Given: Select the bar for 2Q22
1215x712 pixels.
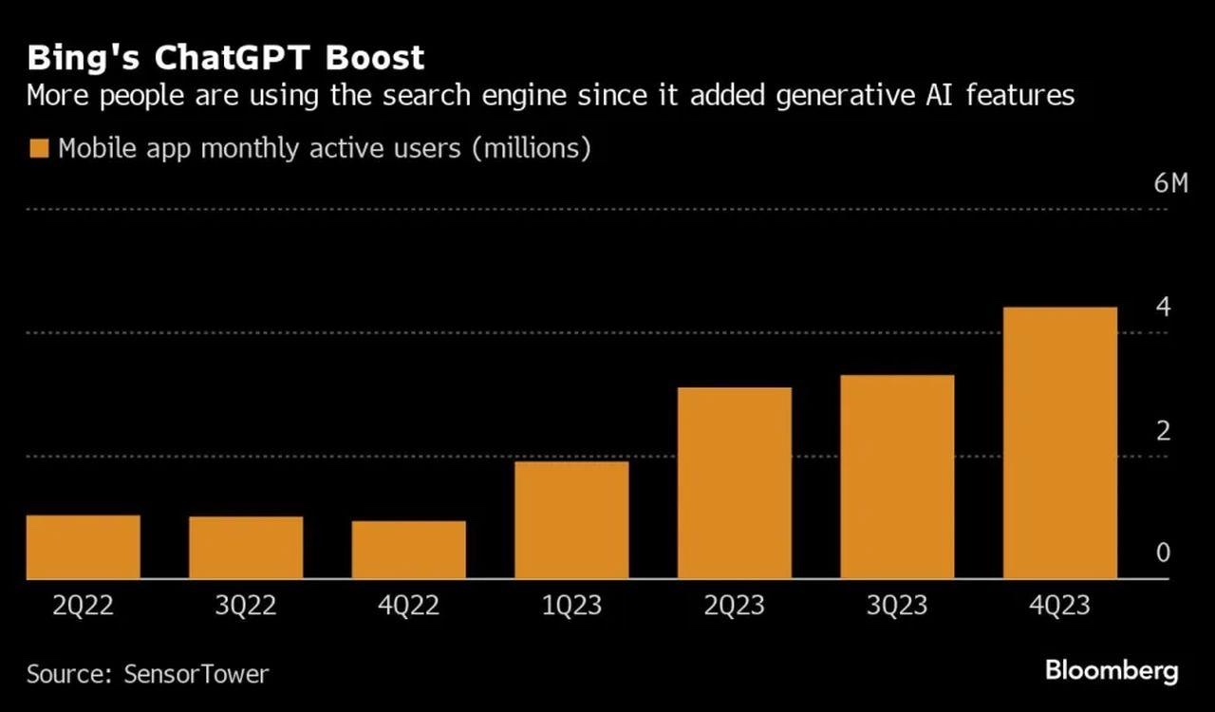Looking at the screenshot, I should point(84,547).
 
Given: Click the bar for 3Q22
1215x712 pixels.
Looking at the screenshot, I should point(246,548).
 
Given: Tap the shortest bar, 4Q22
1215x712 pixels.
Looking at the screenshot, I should point(408,550).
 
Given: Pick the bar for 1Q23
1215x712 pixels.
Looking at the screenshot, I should point(571,520).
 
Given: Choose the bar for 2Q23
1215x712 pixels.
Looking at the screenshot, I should point(734,483).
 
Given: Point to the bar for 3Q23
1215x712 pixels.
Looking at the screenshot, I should point(897,477).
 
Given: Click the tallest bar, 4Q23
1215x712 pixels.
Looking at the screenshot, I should point(1059,442).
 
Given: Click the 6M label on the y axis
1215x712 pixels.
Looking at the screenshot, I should point(1170,184).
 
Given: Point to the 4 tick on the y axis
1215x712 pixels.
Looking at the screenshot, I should point(1163,308).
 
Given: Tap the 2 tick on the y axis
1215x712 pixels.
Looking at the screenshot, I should point(1163,431).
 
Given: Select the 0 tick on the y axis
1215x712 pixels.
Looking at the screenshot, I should point(1163,553).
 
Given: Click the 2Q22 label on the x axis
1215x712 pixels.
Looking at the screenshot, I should point(84,606).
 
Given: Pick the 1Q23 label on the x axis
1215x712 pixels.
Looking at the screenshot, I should point(571,606).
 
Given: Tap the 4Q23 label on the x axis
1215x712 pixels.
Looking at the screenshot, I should point(1059,606).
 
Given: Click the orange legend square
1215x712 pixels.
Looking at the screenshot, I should point(39,149).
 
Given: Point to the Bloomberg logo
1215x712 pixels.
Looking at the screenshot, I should point(1112,671).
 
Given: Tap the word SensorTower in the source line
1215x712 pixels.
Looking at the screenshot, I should point(196,674).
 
